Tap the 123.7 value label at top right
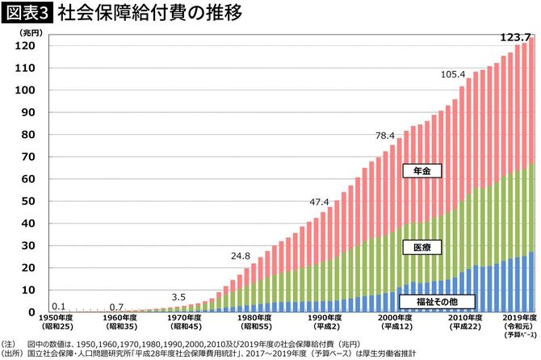[x=514, y=37]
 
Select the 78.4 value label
[x=384, y=135]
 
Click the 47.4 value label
[x=320, y=202]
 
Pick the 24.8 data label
[x=241, y=256]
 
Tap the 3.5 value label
[x=179, y=297]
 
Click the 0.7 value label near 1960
[x=116, y=307]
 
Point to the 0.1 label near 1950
[x=58, y=307]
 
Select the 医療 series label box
[x=421, y=247]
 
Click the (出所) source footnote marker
[x=12, y=353]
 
